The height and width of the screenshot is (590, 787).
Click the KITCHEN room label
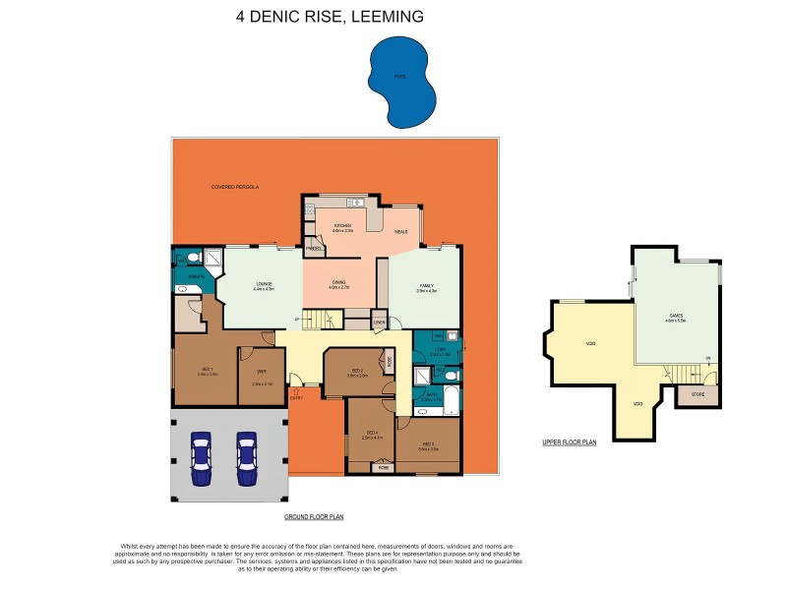point(342,227)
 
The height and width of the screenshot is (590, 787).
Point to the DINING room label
point(338,284)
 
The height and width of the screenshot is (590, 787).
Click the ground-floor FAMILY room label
point(425,286)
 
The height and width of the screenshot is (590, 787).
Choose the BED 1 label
point(207,371)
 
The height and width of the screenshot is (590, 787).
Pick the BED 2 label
point(356,372)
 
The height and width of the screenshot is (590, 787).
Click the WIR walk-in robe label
point(262,371)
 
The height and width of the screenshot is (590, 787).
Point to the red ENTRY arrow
point(295,391)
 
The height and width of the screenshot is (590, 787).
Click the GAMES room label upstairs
point(675,317)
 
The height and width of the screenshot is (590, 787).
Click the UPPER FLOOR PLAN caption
point(570,442)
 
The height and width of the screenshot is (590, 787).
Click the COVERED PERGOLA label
point(234,186)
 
